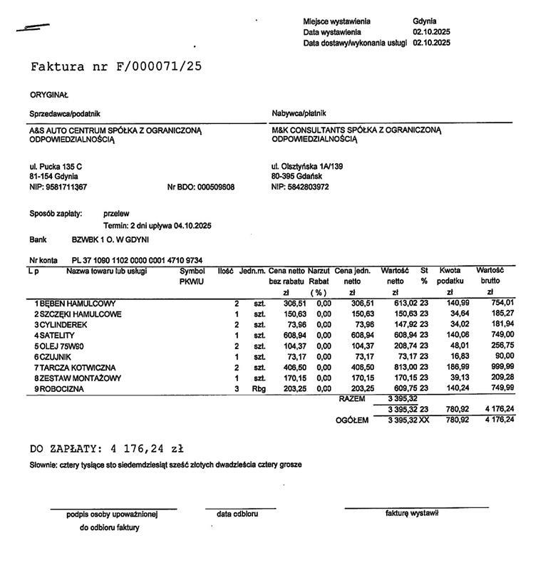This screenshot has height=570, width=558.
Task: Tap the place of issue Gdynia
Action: coord(424,21)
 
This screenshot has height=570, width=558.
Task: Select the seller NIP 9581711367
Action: coord(58,187)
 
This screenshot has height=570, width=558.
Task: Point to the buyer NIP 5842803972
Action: coord(300,187)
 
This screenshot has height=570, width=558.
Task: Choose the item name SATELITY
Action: coord(56,335)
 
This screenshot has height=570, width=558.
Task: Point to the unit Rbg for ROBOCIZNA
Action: coord(259,389)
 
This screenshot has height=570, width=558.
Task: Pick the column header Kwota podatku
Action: coord(450,276)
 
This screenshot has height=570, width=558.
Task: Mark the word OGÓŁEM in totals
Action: coord(352,420)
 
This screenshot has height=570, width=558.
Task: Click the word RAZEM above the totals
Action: coord(351,399)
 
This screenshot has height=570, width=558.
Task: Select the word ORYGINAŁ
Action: coord(49,95)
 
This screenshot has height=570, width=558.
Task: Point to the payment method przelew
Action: coord(116,213)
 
